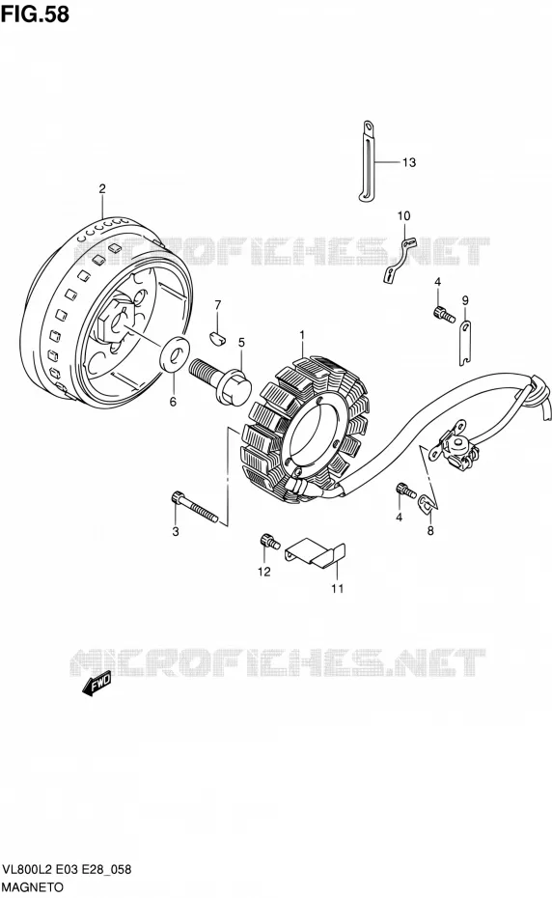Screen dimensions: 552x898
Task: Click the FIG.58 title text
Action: (x=35, y=14)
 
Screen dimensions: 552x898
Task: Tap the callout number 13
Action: (x=409, y=162)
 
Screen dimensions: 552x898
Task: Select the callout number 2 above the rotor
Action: (x=102, y=188)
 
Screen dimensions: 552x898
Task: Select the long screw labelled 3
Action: (x=194, y=507)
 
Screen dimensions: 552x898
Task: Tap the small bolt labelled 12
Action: (x=268, y=540)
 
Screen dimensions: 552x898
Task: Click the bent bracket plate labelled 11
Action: (x=317, y=554)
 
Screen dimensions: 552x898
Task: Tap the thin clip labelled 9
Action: (x=465, y=343)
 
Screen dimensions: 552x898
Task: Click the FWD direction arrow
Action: (x=97, y=684)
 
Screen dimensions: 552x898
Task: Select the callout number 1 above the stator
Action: (x=302, y=335)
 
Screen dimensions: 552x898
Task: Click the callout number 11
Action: (x=337, y=588)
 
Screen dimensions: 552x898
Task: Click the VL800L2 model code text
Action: (x=28, y=870)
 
